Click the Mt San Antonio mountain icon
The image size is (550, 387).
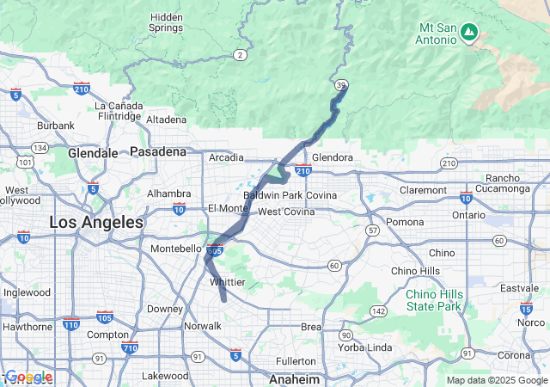(x=468, y=33)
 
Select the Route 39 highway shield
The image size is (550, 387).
(x=342, y=84)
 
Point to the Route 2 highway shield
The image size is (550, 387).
(x=240, y=55)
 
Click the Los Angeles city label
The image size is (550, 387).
(x=96, y=222)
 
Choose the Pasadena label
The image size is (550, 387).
(x=158, y=151)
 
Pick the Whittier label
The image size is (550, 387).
(x=228, y=282)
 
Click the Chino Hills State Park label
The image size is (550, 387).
(x=433, y=299)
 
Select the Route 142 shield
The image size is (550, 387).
(x=377, y=310)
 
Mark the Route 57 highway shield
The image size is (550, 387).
(x=371, y=230)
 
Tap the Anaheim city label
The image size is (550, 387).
(x=295, y=378)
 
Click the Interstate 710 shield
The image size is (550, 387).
(x=130, y=347)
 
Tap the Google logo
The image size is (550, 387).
(x=29, y=377)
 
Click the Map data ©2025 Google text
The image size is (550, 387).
(x=496, y=380)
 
